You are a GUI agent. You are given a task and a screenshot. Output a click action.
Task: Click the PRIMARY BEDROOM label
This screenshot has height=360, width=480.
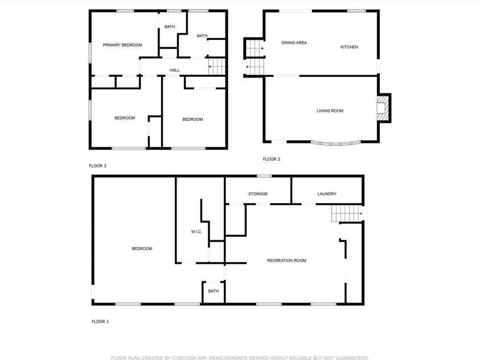tap(122, 45)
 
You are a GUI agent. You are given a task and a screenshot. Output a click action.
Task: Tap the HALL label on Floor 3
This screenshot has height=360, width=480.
tap(174, 70)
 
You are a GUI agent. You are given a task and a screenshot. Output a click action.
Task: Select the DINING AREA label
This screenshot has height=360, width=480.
tap(294, 43)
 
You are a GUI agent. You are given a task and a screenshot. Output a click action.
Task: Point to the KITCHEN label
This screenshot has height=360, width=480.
tap(349, 47)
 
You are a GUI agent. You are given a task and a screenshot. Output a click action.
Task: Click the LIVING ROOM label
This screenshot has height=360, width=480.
tap(330, 111)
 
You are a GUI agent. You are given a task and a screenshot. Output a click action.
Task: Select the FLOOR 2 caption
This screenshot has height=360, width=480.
tap(271, 159)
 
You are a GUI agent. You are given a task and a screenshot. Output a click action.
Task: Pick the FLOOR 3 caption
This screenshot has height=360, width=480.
tap(97, 166)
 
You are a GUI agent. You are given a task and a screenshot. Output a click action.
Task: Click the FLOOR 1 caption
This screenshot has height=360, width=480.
tap(100, 321)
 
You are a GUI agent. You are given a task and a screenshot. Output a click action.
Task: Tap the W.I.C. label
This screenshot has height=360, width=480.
tap(196, 232)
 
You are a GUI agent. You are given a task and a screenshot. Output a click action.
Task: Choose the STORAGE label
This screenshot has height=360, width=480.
tap(258, 194)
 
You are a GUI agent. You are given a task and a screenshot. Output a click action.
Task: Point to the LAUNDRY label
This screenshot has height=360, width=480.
tap(327, 194)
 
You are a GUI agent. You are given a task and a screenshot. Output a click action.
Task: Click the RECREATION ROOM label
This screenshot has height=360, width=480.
tap(286, 260)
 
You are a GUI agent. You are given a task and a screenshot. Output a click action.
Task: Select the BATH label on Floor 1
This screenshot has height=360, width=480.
tap(213, 291)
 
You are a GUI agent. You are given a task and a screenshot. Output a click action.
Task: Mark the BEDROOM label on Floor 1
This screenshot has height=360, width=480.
tap(142, 248)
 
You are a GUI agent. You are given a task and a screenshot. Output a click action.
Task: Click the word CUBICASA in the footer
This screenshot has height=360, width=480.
tap(193, 358)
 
